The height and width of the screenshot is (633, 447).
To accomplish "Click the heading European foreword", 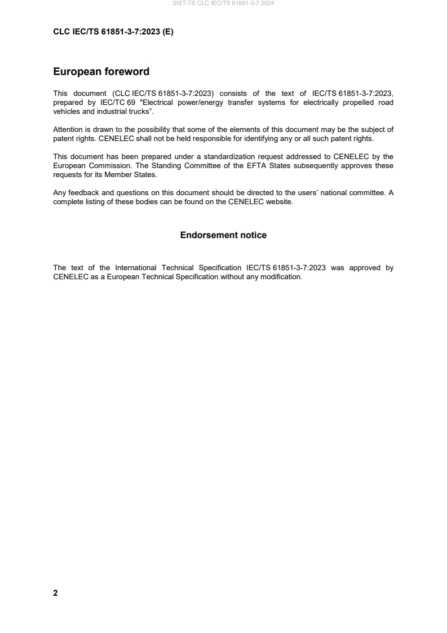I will click(101, 72).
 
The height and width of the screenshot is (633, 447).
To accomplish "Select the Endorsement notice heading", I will click(223, 235).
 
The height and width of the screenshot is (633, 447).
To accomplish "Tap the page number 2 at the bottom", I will click(55, 593).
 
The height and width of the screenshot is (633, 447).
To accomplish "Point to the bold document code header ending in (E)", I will click(113, 32).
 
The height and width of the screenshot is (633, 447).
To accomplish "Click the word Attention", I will click(68, 130).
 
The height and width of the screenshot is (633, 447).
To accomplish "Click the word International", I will click(137, 268).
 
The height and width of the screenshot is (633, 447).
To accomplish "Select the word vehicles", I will click(67, 111).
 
